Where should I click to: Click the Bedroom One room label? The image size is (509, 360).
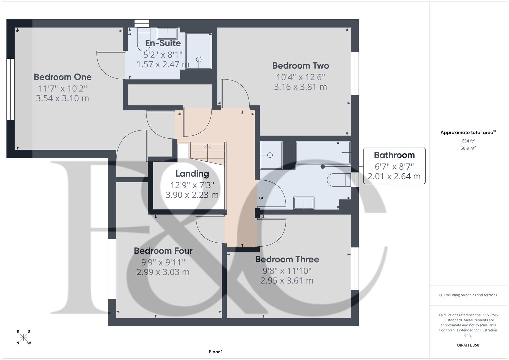click(x=62, y=77)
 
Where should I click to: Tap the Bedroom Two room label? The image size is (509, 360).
click(x=300, y=66)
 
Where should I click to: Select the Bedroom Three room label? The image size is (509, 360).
click(x=287, y=259)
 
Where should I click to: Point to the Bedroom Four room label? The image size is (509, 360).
click(x=163, y=251)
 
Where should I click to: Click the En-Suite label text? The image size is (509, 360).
click(x=163, y=43)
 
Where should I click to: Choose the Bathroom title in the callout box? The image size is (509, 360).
click(x=394, y=155)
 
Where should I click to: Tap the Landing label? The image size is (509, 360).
click(x=192, y=174)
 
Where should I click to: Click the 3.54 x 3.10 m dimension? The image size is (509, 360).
click(x=62, y=98)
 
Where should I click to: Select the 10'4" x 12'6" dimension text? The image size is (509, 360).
click(x=300, y=77)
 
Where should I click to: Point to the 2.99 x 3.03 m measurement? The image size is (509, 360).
click(x=163, y=272)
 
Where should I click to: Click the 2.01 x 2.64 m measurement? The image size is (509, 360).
click(x=394, y=176)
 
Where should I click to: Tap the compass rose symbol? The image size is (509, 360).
click(x=23, y=337)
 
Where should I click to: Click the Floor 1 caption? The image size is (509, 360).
click(x=216, y=352)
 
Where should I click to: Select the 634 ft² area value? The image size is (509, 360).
click(x=468, y=141)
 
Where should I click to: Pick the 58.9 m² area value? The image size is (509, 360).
click(x=468, y=148)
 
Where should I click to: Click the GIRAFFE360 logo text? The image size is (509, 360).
click(x=468, y=345)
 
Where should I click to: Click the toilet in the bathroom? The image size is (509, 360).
click(x=338, y=180)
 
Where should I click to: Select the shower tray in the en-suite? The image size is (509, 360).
click(x=199, y=51)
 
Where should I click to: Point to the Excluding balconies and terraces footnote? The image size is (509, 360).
click(x=468, y=295)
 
